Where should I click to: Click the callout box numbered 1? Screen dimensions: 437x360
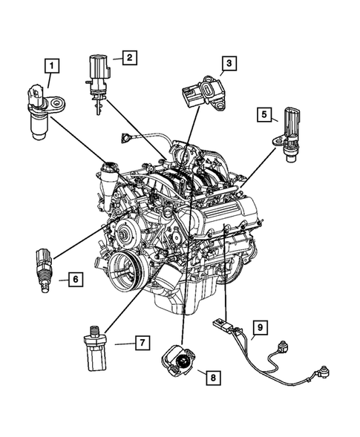(x=51, y=66)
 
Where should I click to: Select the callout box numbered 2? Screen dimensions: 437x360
(x=128, y=56)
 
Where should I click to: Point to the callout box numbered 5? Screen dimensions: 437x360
(x=264, y=114)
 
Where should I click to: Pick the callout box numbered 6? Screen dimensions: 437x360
(x=74, y=279)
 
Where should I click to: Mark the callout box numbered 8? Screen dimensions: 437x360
(x=213, y=378)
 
